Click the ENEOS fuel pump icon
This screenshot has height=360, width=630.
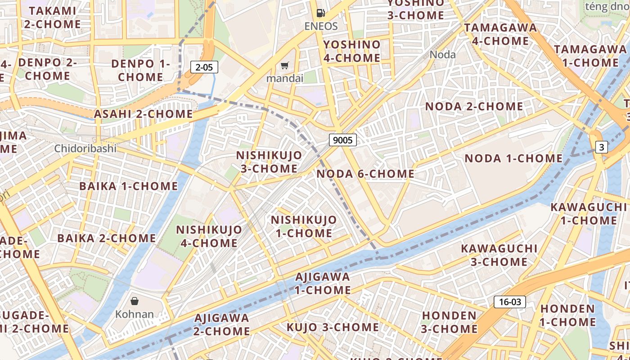point(320,13)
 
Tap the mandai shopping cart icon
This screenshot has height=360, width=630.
point(284,66)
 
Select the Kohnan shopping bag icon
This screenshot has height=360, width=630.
point(135,301)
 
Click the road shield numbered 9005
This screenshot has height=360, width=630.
point(343,140)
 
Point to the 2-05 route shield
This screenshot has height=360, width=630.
point(204,67)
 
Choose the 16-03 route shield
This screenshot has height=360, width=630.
point(510,301)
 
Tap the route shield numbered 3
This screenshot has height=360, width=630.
point(602,147)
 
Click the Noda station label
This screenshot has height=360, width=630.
point(443,55)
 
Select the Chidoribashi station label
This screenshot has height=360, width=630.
point(85,148)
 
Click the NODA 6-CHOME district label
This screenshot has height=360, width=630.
point(365,174)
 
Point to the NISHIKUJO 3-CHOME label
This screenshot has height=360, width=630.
point(269,162)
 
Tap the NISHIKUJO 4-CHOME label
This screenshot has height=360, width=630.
point(209,236)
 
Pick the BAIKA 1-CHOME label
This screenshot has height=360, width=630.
point(129,186)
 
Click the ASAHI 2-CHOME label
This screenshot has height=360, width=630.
point(143,114)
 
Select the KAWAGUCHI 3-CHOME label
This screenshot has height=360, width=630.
point(499,255)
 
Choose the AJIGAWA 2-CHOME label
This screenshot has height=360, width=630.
point(222,324)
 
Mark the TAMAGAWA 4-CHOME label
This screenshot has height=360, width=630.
point(500,34)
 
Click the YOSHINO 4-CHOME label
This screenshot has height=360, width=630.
point(352,51)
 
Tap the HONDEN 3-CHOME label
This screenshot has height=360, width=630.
point(449,322)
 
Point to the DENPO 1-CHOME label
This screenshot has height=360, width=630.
point(140,70)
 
